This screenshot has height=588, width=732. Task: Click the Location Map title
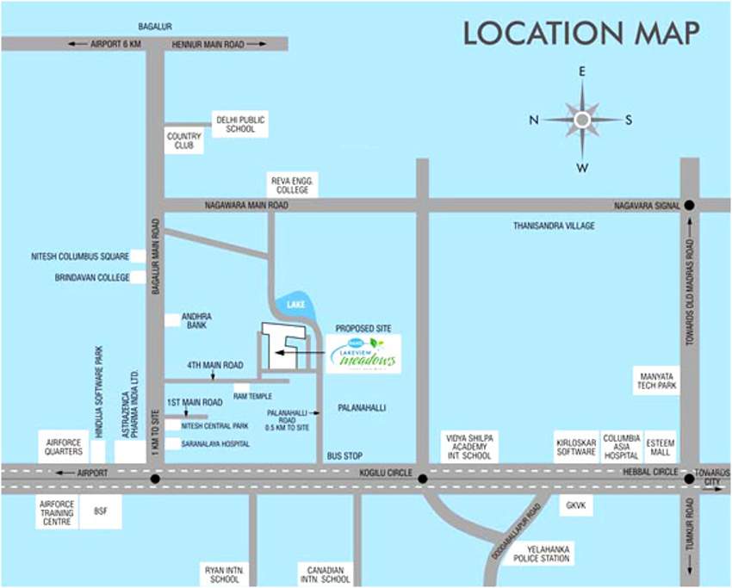(581, 33)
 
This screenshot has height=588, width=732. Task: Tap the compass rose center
(582, 120)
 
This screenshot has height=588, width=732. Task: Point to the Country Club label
(184, 141)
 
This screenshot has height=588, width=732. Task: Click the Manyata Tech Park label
(657, 380)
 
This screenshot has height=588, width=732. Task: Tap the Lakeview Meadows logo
(363, 355)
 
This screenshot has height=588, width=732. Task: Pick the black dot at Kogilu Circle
(422, 479)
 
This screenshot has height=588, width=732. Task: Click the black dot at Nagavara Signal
(689, 206)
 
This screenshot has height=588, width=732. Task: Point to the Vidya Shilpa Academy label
(468, 446)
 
